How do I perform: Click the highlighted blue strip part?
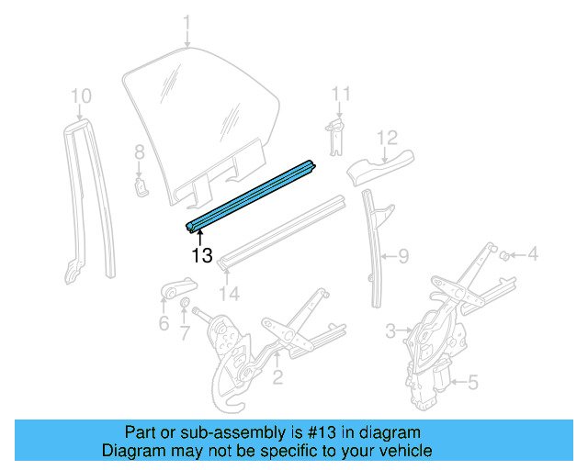[x=251, y=196]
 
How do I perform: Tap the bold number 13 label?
[x=202, y=255]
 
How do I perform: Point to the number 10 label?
[x=81, y=96]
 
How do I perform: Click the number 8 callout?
[x=140, y=152]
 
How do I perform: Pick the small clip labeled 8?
[x=141, y=187]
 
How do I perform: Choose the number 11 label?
[x=341, y=94]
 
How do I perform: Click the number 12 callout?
[x=387, y=138]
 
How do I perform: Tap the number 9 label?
[x=403, y=256]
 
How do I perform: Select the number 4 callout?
[x=533, y=253]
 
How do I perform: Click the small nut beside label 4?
[x=504, y=255]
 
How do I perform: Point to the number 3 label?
[x=390, y=330]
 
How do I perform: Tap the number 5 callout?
[x=473, y=383]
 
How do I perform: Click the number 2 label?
[x=277, y=376]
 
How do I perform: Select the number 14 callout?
[x=229, y=294]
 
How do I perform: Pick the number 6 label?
[x=164, y=323]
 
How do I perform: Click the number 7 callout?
[x=185, y=332]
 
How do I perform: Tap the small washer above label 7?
[x=185, y=302]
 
